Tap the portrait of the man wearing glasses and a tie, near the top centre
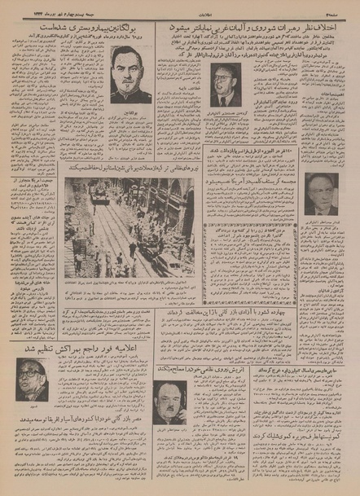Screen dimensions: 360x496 pyautogui.click(x=225, y=87)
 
